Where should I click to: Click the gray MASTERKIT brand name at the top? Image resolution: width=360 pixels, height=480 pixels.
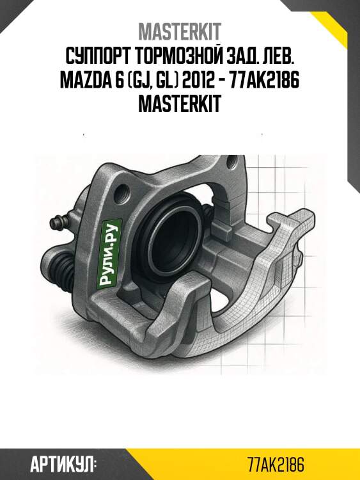coord(180,31)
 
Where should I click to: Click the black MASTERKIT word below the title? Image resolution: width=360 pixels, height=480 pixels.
coord(180,104)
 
